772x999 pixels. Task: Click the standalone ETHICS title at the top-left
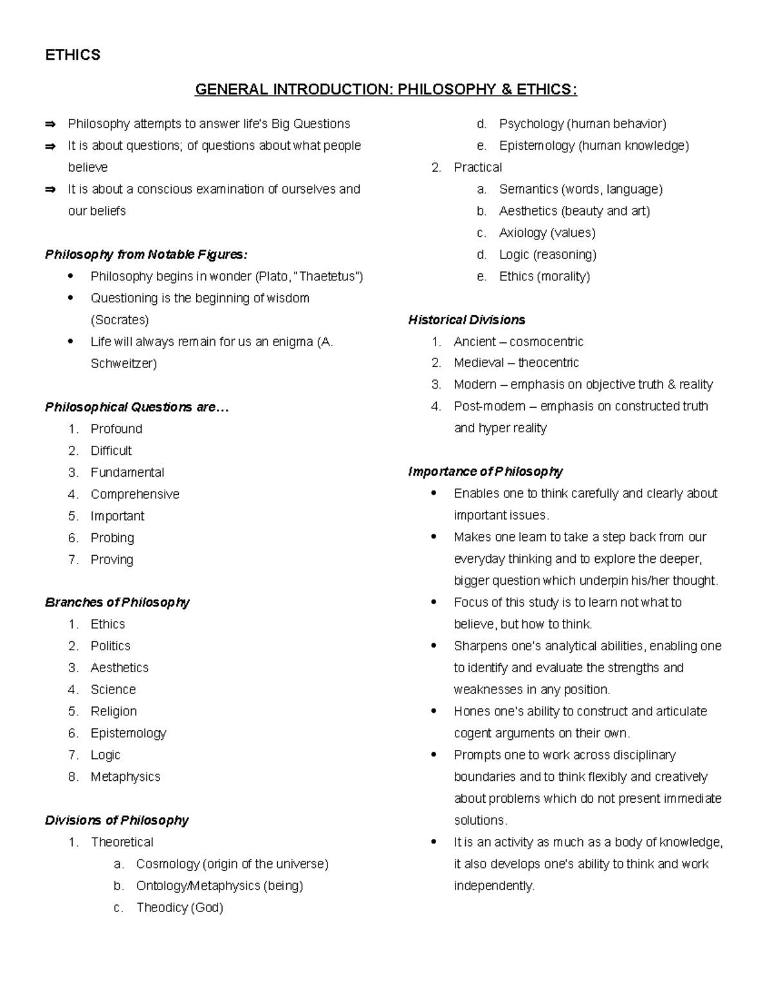[x=73, y=55]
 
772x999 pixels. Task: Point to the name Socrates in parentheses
[x=120, y=320]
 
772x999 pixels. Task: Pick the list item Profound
[x=116, y=429]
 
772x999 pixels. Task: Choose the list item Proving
[x=112, y=560]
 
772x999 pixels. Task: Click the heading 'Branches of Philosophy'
[x=117, y=603]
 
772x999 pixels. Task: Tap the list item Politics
[x=111, y=646]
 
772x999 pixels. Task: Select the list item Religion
[x=114, y=711]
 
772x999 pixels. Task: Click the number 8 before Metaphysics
[x=73, y=777]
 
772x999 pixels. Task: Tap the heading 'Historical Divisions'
[x=466, y=320]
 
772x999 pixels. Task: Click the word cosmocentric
[x=546, y=342]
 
